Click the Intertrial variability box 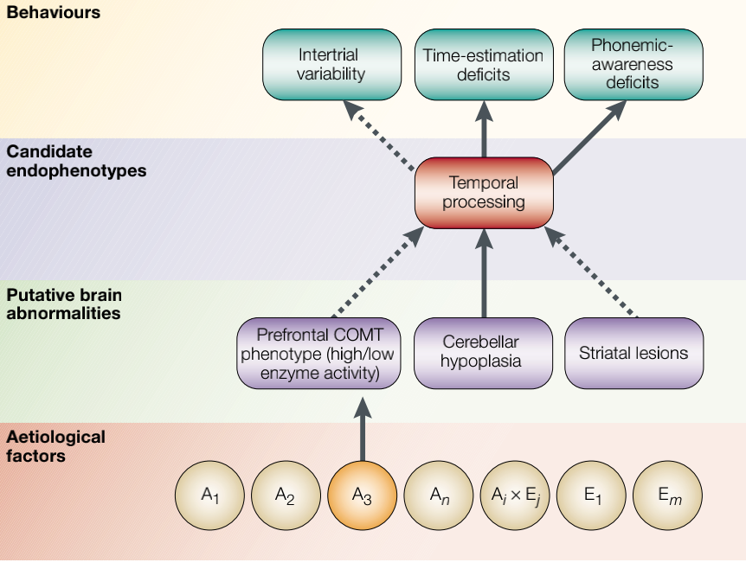[331, 64]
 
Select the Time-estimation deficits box [483, 64]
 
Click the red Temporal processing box [483, 192]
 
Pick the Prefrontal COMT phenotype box [319, 353]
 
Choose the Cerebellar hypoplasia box [483, 353]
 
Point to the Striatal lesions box [633, 353]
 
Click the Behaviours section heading [54, 13]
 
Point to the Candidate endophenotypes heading [76, 161]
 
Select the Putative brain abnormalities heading [63, 304]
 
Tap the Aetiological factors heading [55, 445]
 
